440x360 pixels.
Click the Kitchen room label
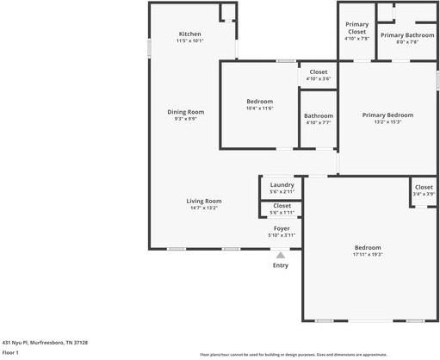pos(189,34)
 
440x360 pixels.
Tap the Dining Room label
pos(186,111)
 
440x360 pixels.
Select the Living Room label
pos(204,201)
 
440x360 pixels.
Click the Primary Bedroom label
pos(387,115)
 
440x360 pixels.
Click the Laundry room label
pos(282,184)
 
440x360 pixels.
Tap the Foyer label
pos(282,227)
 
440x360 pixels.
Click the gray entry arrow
pos(281,254)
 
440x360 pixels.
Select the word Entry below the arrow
pos(281,265)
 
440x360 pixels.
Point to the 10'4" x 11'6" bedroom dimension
pos(259,108)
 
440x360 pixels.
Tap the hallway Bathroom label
pos(318,115)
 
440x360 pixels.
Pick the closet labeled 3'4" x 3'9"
pos(424,194)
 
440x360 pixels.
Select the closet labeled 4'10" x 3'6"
pos(318,78)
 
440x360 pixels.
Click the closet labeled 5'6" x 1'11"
pos(282,212)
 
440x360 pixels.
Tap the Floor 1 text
pos(10,352)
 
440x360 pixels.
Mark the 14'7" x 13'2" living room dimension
pos(204,208)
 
